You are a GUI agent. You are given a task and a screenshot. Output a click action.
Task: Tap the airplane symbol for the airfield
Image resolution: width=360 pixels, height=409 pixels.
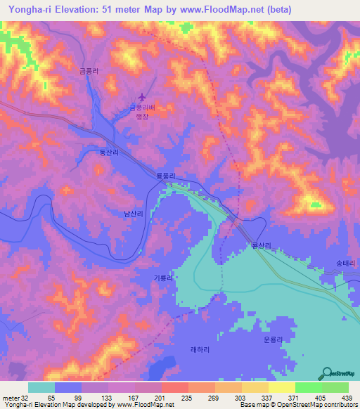[144, 96]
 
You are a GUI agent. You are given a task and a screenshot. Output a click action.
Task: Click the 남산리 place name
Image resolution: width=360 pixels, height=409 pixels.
[134, 213]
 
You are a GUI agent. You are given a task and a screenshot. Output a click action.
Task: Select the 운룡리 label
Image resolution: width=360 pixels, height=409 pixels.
[272, 339]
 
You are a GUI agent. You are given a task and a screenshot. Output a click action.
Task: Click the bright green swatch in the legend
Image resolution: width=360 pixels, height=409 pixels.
[308, 387]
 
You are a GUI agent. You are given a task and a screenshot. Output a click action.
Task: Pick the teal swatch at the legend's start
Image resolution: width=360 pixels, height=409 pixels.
[41, 387]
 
